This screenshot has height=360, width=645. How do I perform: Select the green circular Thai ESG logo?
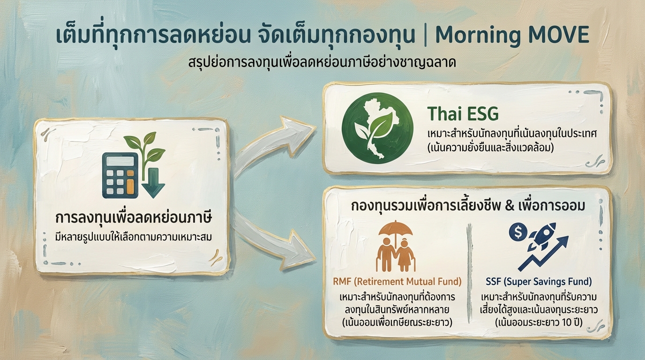point(378,128)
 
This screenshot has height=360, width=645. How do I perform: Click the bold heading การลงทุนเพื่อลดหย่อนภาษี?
point(133,219)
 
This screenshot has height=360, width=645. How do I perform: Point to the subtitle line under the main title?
point(322,62)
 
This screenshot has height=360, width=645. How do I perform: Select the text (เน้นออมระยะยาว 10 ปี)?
point(538,322)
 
